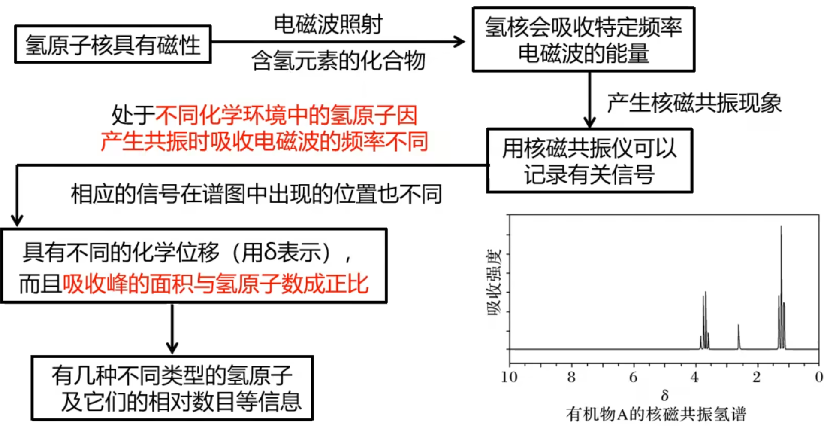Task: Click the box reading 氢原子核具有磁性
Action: pyautogui.click(x=113, y=45)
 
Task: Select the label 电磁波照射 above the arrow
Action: pyautogui.click(x=328, y=24)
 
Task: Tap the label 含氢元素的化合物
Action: pyautogui.click(x=338, y=60)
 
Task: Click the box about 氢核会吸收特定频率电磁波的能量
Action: pyautogui.click(x=583, y=40)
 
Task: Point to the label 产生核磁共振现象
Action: pyautogui.click(x=694, y=103)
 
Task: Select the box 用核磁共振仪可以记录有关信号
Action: pyautogui.click(x=589, y=161)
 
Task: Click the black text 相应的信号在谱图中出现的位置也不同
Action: pyautogui.click(x=256, y=194)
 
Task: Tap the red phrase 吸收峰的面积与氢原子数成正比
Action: pyautogui.click(x=216, y=284)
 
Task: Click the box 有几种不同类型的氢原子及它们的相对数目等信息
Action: pyautogui.click(x=172, y=388)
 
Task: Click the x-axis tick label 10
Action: pyautogui.click(x=509, y=377)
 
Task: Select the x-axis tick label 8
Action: pyautogui.click(x=571, y=377)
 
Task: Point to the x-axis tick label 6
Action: pyautogui.click(x=633, y=377)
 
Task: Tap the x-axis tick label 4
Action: pyautogui.click(x=695, y=377)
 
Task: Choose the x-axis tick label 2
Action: pyautogui.click(x=757, y=377)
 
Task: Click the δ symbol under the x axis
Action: pyautogui.click(x=664, y=394)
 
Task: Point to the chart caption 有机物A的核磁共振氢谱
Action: pyautogui.click(x=656, y=414)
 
